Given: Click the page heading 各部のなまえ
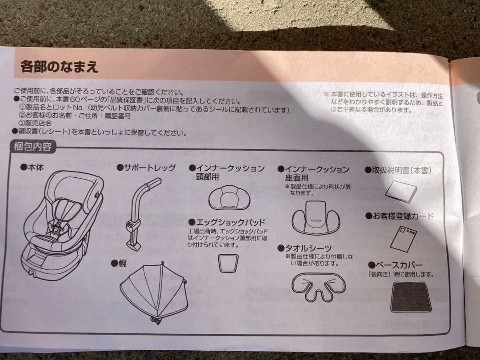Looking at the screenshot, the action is tap(59, 67).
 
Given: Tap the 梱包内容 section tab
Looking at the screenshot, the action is tap(32, 147).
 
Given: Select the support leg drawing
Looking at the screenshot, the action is tap(143, 214).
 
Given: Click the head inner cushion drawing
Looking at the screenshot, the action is tap(229, 198).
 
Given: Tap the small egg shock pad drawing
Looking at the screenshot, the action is tap(228, 263).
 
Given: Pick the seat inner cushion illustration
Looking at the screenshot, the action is tap(316, 217).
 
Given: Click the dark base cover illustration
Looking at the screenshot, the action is tap(411, 296).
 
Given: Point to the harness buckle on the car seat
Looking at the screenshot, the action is tap(56, 228).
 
